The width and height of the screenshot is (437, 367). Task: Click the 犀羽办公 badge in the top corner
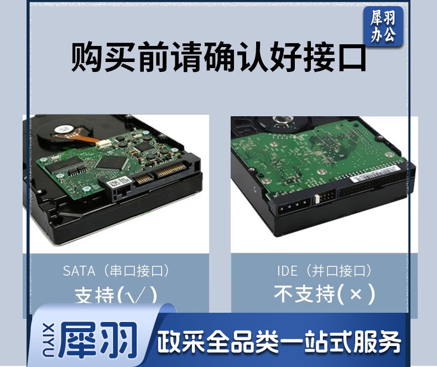pos(383,26)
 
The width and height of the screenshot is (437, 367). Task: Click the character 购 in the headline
pos(87,57)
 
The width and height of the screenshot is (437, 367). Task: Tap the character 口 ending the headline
pos(352,58)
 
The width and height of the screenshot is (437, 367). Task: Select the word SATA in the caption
pos(79,271)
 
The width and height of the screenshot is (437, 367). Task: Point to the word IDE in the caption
pos(287,271)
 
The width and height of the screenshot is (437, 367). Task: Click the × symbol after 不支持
pos(356,294)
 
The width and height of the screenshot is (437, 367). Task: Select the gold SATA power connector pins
pos(170,170)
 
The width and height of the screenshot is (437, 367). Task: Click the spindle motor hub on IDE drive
pos(283,121)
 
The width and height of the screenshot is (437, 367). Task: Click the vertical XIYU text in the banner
pos(49,340)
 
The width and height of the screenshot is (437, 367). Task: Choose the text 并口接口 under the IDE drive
pos(338,271)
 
